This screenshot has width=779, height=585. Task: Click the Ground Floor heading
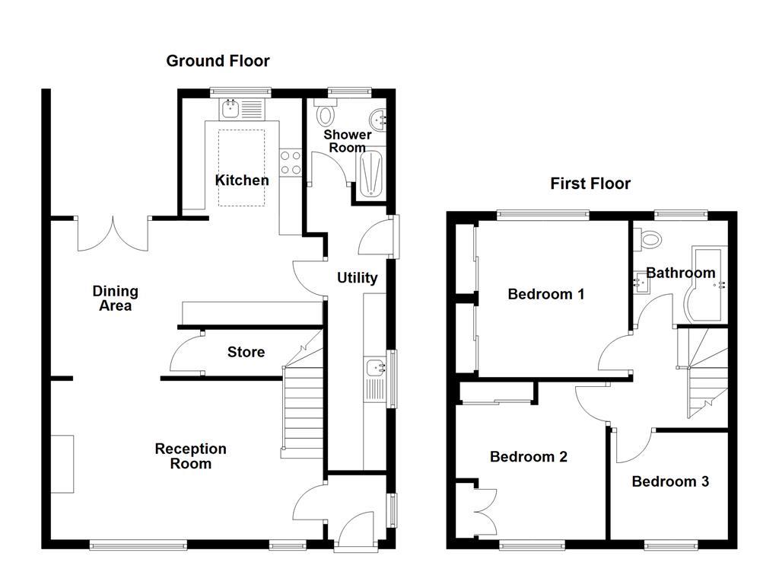click(x=218, y=61)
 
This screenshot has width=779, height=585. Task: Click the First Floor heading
click(x=590, y=184)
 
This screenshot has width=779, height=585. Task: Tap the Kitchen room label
click(x=242, y=181)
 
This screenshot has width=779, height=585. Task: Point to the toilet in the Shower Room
click(x=326, y=115)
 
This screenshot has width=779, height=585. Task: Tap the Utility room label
click(x=357, y=278)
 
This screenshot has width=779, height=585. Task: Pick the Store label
click(x=246, y=352)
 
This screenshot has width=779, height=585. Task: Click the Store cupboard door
click(x=185, y=354)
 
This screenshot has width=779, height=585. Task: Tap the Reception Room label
click(x=190, y=456)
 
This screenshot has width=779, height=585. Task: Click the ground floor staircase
click(x=301, y=411)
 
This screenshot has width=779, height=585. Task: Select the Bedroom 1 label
click(x=546, y=294)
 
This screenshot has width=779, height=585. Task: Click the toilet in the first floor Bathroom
click(x=650, y=239)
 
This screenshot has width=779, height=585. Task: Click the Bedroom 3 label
click(x=670, y=481)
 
